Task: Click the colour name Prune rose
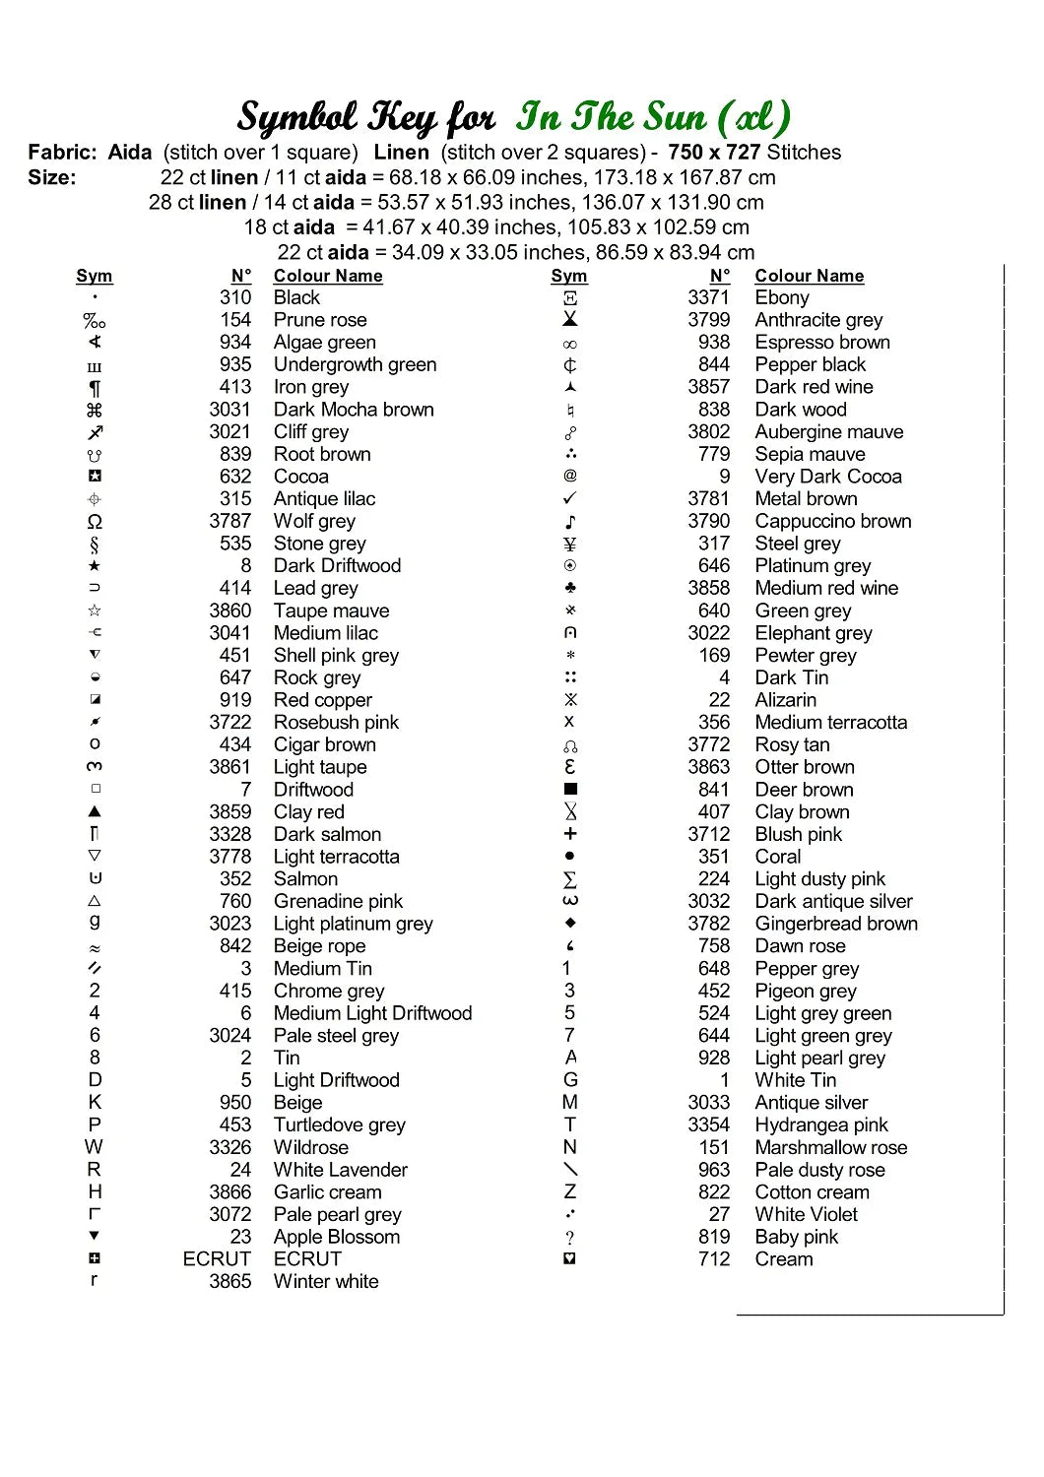pyautogui.click(x=320, y=320)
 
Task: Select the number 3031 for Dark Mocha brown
pyautogui.click(x=229, y=410)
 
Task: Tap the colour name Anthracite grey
pyautogui.click(x=818, y=320)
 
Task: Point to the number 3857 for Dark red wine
pyautogui.click(x=709, y=387)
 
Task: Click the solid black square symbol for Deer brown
pyautogui.click(x=570, y=789)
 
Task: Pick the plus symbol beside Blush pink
pyautogui.click(x=570, y=834)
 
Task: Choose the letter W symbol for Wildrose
pyautogui.click(x=94, y=1147)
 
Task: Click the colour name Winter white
pyautogui.click(x=326, y=1281)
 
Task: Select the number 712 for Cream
pyautogui.click(x=714, y=1259)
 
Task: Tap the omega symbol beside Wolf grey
pyautogui.click(x=95, y=522)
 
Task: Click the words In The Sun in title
pyautogui.click(x=611, y=117)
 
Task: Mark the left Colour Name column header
pyautogui.click(x=328, y=276)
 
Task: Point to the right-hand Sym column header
pyautogui.click(x=569, y=276)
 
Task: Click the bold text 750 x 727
pyautogui.click(x=714, y=153)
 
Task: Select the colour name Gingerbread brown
pyautogui.click(x=836, y=924)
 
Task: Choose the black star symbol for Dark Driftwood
pyautogui.click(x=95, y=566)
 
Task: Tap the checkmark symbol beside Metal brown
pyautogui.click(x=570, y=498)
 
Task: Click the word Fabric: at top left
pyautogui.click(x=62, y=153)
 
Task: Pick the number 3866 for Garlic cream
pyautogui.click(x=229, y=1191)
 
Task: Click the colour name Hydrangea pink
pyautogui.click(x=821, y=1124)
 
